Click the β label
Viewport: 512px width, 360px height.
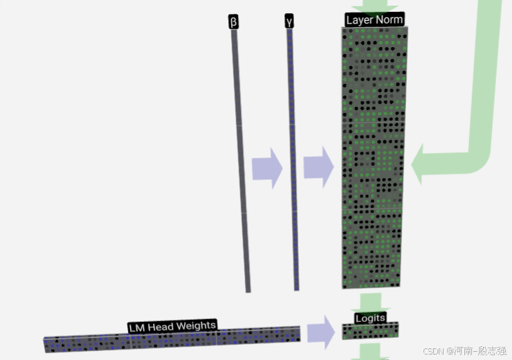[x=233, y=22]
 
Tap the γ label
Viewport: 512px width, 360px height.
[x=289, y=21]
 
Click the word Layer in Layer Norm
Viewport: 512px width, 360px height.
[x=359, y=20]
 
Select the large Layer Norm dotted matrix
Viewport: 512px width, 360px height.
[x=373, y=159]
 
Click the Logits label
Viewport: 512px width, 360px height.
[x=370, y=318]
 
